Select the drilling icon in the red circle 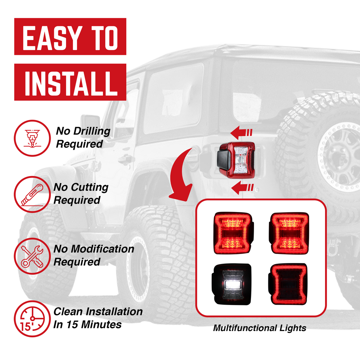[32, 138]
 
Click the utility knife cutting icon [32, 194]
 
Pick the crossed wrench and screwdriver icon [32, 256]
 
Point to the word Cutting [90, 187]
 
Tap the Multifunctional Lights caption [259, 328]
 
